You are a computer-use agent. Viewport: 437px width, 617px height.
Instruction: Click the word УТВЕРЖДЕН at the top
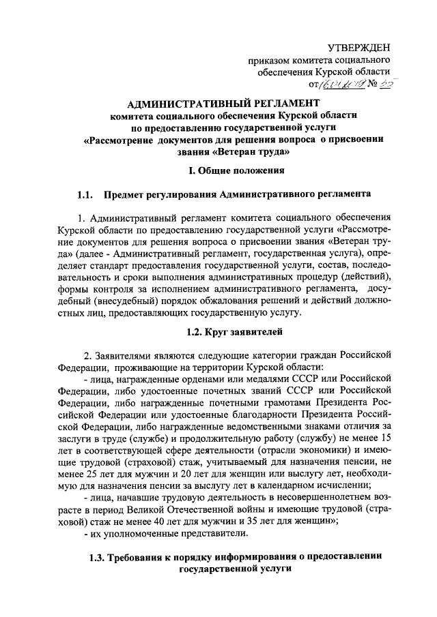tap(359, 47)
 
